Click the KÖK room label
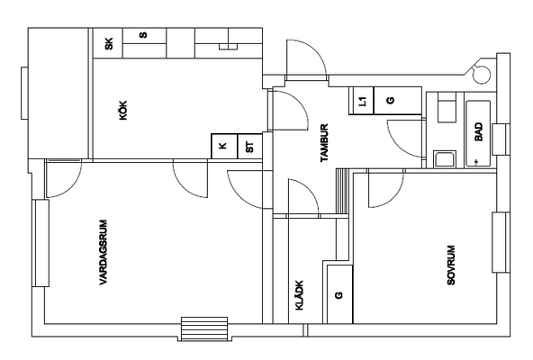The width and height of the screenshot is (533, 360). tap(123, 110)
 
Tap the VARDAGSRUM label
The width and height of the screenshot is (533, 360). tap(104, 252)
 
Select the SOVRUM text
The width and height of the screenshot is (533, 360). tap(451, 265)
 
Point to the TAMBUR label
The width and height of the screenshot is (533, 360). tap(324, 143)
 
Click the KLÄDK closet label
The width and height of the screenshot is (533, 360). tap(299, 295)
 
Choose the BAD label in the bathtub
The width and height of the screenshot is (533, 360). tap(479, 132)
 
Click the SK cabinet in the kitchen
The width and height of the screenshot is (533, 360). tap(108, 43)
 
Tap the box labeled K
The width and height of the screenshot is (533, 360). tap(224, 146)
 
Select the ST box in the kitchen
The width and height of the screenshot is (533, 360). tap(250, 146)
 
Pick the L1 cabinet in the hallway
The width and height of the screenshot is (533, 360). tap(362, 101)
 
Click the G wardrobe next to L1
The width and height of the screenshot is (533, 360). tap(398, 101)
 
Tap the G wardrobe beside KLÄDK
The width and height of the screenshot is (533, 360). tap(339, 294)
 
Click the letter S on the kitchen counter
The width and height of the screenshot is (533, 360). tap(144, 35)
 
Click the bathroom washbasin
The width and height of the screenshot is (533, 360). tap(445, 159)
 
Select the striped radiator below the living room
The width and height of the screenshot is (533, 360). tap(204, 328)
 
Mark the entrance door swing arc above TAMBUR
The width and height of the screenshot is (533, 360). tap(315, 51)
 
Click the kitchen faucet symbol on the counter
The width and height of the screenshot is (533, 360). tap(228, 47)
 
